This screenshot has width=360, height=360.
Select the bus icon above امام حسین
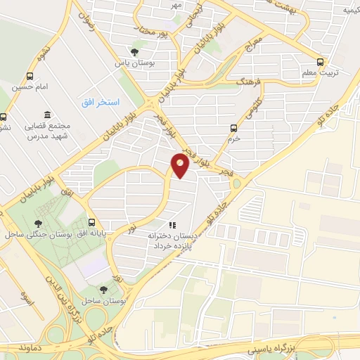pyautogui.click(x=30, y=76)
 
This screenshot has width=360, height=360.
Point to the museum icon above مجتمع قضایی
pyautogui.click(x=47, y=115)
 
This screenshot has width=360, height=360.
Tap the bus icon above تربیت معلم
pyautogui.click(x=321, y=61)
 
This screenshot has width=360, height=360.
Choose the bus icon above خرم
pyautogui.click(x=234, y=127)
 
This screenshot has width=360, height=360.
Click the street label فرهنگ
pyautogui.click(x=249, y=82)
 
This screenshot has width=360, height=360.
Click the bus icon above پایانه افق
pyautogui.click(x=91, y=223)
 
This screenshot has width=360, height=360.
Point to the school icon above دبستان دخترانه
pyautogui.click(x=171, y=225)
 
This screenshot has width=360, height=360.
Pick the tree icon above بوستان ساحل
pyautogui.click(x=104, y=290)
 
